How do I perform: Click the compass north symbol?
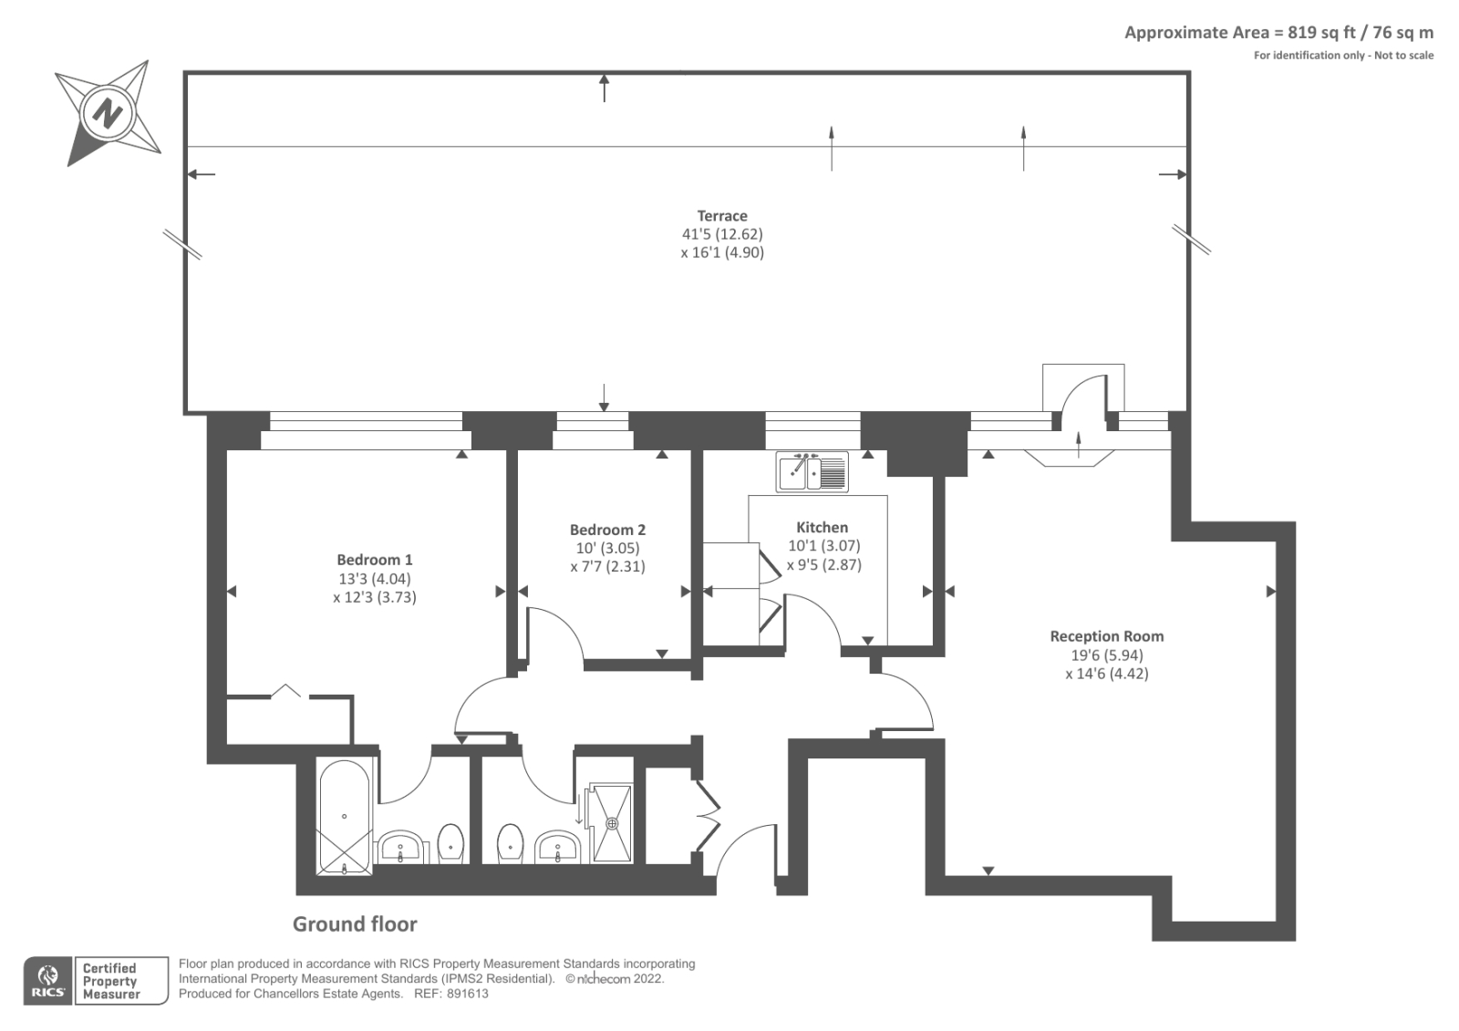pyautogui.click(x=109, y=114)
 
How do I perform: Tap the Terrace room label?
pyautogui.click(x=722, y=216)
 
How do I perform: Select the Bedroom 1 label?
pyautogui.click(x=375, y=560)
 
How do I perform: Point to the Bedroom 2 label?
pyautogui.click(x=607, y=530)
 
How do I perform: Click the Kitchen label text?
pyautogui.click(x=822, y=527)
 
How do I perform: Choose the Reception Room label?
pyautogui.click(x=1106, y=636)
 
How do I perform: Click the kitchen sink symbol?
pyautogui.click(x=812, y=471)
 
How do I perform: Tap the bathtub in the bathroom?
pyautogui.click(x=344, y=816)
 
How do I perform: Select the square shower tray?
pyautogui.click(x=612, y=822)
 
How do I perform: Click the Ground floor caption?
pyautogui.click(x=355, y=923)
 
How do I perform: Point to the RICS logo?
pyautogui.click(x=47, y=981)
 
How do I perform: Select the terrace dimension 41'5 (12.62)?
pyautogui.click(x=722, y=234)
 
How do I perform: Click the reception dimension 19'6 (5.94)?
pyautogui.click(x=1106, y=655)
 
